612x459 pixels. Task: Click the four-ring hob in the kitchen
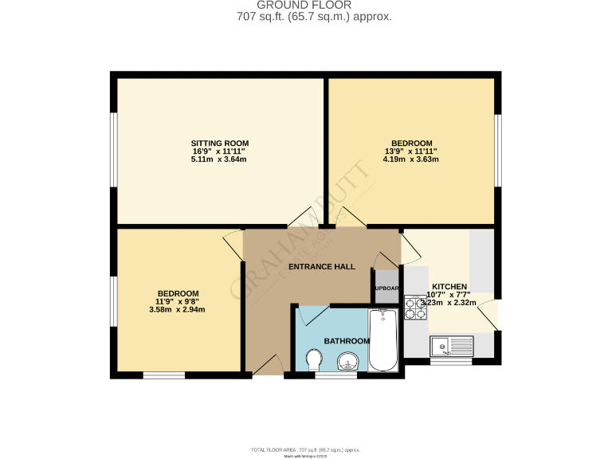click(415, 308)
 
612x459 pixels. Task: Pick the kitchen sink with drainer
click(450, 346)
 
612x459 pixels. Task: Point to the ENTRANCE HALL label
click(321, 266)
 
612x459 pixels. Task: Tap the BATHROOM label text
click(347, 341)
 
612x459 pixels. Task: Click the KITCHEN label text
click(449, 287)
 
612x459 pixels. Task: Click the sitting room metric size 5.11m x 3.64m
click(218, 159)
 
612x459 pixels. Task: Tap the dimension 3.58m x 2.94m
click(177, 309)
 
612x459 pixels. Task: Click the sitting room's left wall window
click(114, 147)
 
